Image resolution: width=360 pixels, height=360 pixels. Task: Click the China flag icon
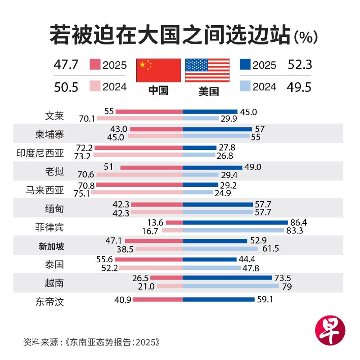158,70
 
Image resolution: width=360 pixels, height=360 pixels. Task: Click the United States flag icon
207,70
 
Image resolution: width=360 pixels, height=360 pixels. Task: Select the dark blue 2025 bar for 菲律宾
235,222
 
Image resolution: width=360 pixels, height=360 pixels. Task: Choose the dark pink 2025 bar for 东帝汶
157,299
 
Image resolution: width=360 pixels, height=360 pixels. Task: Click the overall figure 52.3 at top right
300,65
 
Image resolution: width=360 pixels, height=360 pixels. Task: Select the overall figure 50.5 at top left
66,86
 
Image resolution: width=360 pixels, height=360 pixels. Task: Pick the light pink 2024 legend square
95,86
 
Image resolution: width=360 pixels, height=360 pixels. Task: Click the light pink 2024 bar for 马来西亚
139,192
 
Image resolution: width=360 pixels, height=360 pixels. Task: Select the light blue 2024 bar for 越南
231,286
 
